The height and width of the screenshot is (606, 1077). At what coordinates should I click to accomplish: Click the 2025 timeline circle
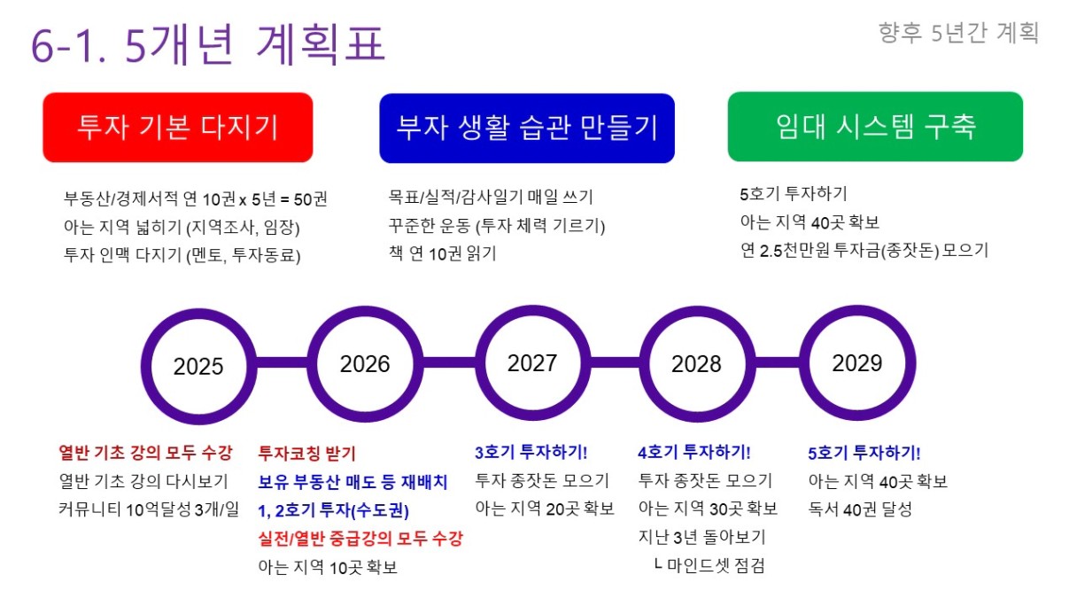coord(198,367)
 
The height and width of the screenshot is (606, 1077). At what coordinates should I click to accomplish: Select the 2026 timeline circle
coord(365,364)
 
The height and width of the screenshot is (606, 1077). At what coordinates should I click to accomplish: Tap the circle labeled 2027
coord(532,363)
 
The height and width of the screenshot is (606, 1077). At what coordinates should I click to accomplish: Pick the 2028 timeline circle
coord(697,364)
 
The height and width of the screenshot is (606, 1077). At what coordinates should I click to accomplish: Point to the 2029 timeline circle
coord(857,363)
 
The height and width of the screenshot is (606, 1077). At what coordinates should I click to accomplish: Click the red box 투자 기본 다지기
coord(178,128)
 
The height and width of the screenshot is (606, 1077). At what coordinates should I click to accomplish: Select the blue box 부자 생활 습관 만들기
coord(527,128)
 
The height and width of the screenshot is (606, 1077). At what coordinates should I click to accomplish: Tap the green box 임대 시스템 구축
coord(875,127)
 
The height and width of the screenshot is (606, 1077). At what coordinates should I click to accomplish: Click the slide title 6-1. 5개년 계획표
coord(208,44)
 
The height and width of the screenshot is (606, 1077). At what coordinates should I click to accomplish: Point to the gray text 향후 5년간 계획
coord(958,33)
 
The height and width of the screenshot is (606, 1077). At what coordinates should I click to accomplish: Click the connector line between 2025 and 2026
coord(283,363)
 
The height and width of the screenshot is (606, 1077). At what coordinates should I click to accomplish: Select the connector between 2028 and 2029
coord(778,362)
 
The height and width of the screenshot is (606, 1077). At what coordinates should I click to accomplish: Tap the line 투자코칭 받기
coord(306,453)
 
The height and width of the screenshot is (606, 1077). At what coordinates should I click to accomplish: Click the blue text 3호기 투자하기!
coord(531,452)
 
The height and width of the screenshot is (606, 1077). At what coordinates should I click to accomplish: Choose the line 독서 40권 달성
coord(860,509)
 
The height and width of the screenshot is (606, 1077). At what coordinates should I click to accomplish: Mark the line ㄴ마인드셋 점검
coord(709,565)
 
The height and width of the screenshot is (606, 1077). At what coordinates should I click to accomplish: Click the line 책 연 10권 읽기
coord(442,253)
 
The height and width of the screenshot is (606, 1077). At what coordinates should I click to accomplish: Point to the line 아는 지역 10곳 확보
coord(328,567)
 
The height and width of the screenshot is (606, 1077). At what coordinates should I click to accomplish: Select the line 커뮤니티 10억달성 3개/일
coord(149,509)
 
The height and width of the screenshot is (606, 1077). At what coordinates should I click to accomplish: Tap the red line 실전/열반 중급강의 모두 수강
coord(360,538)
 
